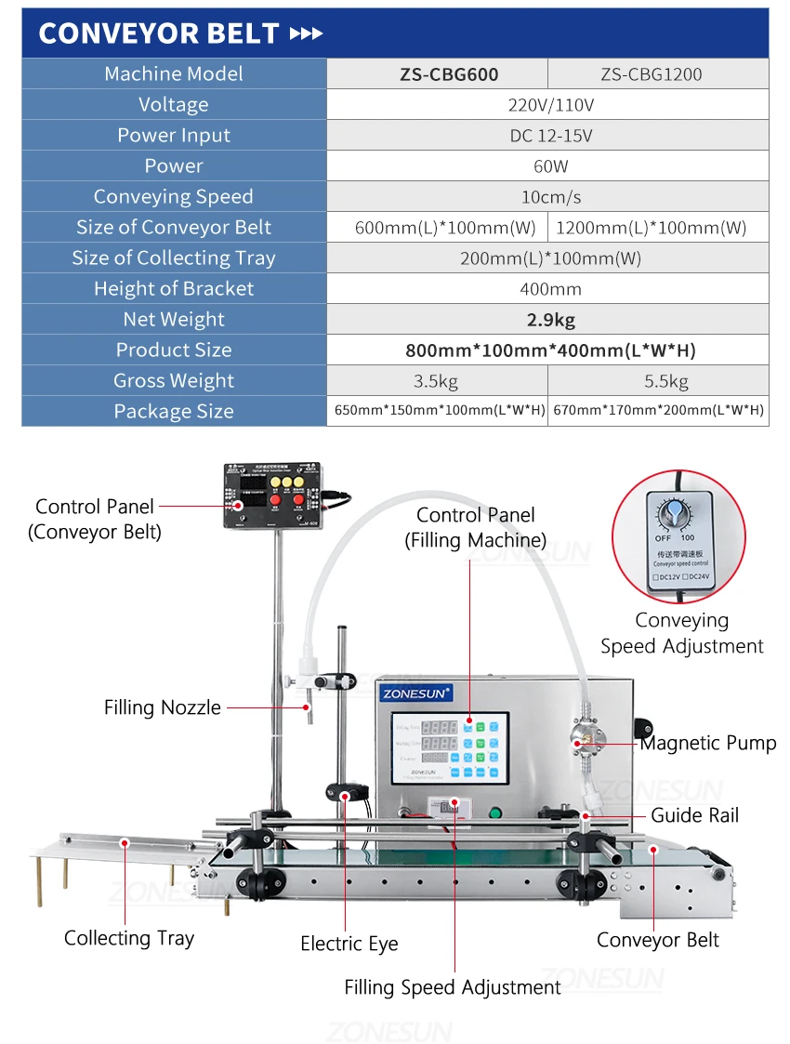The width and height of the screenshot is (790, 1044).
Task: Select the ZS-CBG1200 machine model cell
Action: click(x=658, y=74)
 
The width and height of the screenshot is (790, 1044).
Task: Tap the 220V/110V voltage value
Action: click(x=547, y=105)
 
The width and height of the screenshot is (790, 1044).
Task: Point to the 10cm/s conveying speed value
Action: click(x=547, y=197)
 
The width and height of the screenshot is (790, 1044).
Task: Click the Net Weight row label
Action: click(x=174, y=320)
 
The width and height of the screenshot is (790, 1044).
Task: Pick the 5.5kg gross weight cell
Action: click(x=658, y=381)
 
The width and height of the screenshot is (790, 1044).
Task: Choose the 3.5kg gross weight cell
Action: click(x=437, y=381)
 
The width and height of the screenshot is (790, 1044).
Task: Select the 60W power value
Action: click(x=547, y=166)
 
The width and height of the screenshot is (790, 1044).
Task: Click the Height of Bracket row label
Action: click(x=174, y=289)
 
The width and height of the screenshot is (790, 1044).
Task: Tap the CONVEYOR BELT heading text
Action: click(x=159, y=33)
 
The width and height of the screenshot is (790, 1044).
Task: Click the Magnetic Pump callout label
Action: click(x=708, y=743)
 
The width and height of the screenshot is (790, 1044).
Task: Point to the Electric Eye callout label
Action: click(x=349, y=944)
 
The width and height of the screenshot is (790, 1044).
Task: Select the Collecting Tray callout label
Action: click(x=129, y=938)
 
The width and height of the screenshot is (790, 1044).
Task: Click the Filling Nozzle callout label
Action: click(x=163, y=707)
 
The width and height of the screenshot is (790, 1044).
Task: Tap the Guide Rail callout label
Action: click(x=695, y=815)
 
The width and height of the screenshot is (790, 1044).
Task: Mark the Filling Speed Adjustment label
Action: click(x=453, y=987)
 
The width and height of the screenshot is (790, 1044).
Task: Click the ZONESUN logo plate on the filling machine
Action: click(x=415, y=693)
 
